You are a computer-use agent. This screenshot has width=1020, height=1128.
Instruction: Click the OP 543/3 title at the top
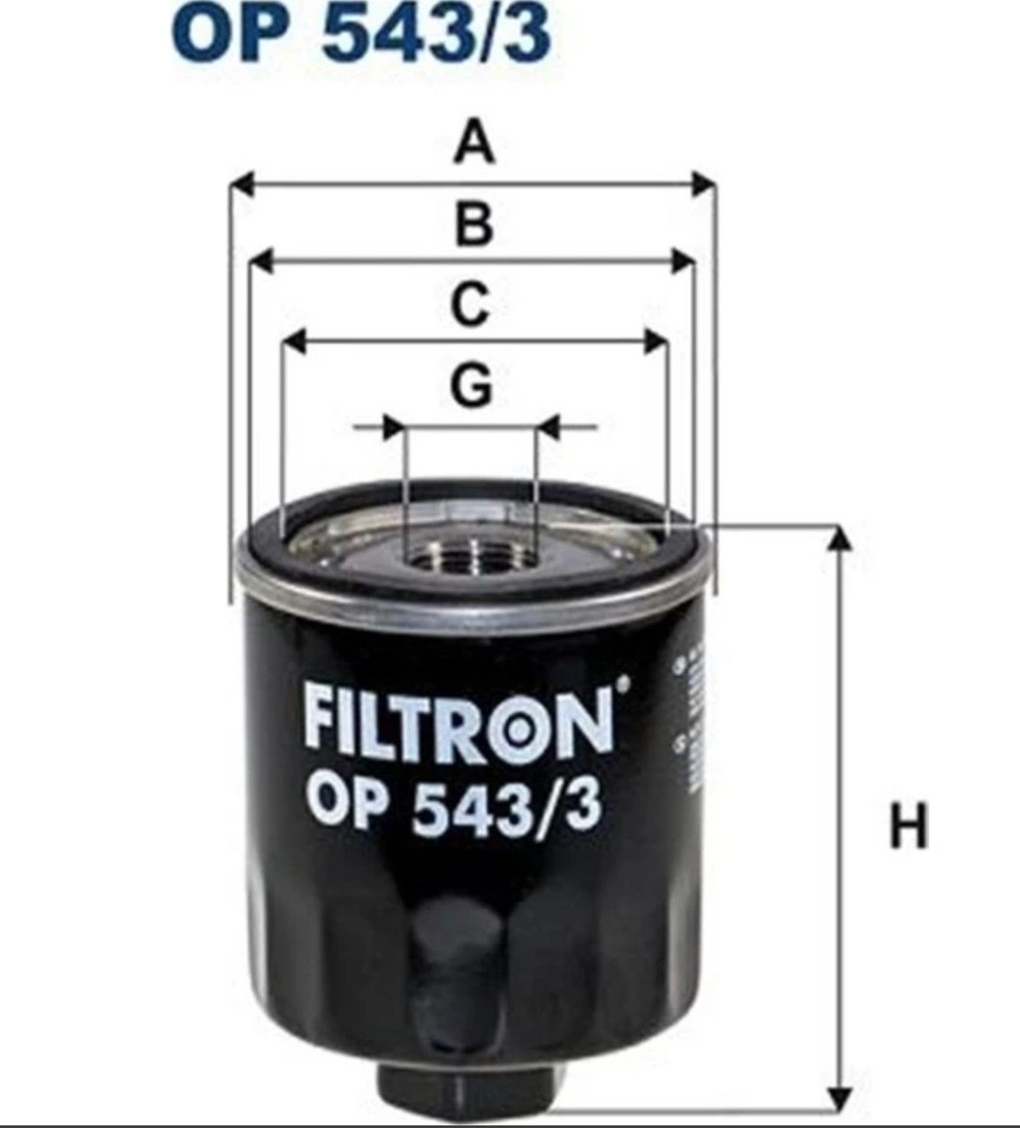click(x=362, y=33)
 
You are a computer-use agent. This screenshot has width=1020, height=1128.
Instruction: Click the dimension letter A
click(x=474, y=144)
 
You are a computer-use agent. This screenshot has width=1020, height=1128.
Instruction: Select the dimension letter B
click(x=474, y=224)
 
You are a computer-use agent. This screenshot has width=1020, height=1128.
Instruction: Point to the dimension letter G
click(x=471, y=385)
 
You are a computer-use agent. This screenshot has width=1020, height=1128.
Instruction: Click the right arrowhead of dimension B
click(x=684, y=261)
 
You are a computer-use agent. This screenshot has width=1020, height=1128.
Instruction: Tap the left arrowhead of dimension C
click(x=294, y=343)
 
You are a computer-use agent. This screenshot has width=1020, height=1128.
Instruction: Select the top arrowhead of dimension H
click(x=839, y=538)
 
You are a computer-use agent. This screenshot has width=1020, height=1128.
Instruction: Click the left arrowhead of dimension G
click(x=391, y=428)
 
